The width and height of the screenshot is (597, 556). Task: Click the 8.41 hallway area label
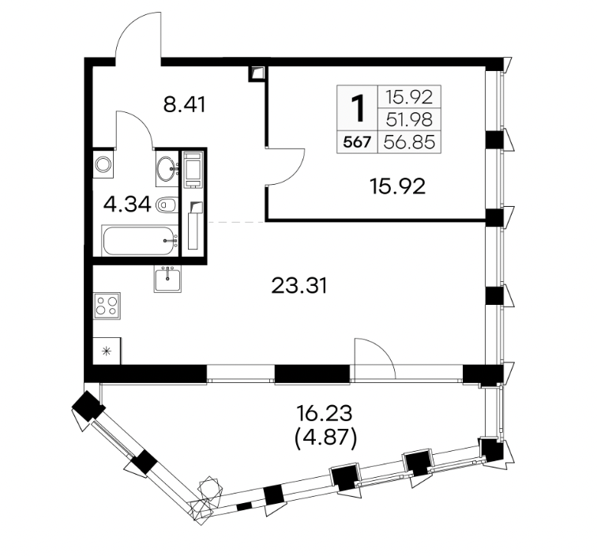[x=184, y=105]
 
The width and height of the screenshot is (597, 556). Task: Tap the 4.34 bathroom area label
[x=127, y=205]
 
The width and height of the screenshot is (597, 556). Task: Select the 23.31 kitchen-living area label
[x=298, y=286]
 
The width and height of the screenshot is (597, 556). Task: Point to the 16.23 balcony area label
[x=325, y=414]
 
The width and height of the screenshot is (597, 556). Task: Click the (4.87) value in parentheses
[x=326, y=438]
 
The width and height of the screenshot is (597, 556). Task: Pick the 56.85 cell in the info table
[x=409, y=142]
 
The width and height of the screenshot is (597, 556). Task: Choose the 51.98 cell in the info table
[x=409, y=120]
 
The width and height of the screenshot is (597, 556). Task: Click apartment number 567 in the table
[x=357, y=143]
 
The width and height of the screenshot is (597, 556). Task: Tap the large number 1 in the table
[x=357, y=108]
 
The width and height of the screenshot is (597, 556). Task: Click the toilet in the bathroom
[x=167, y=205]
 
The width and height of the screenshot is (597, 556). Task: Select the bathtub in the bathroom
[x=140, y=241]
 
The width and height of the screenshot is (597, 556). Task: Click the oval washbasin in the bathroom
[x=167, y=168]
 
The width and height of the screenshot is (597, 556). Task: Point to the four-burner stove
[x=107, y=306]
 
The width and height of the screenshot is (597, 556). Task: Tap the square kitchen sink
[x=168, y=279]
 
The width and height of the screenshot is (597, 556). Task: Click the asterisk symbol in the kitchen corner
[x=107, y=351]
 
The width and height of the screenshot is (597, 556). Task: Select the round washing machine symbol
[x=103, y=165]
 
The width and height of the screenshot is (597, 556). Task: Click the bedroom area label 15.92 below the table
[x=397, y=186]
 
